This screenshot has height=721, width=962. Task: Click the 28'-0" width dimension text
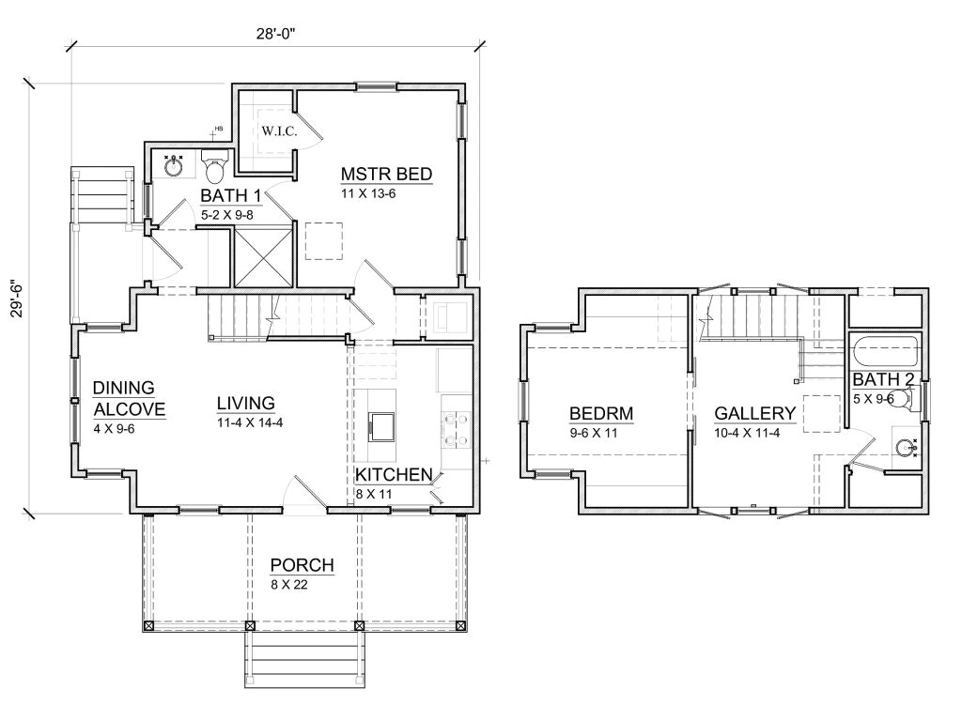275,34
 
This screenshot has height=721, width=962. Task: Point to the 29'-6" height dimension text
17,299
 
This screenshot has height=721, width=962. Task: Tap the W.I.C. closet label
279,130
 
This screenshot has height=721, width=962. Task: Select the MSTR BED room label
386,174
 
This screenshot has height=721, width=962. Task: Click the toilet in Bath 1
215,165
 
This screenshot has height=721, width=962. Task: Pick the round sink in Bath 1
174,165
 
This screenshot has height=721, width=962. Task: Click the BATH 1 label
231,195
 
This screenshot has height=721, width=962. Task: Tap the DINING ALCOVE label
129,398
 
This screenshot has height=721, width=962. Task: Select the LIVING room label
245,404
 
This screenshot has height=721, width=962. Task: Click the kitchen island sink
381,426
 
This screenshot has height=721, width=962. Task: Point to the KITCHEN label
394,474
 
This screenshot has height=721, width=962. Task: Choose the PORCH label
302,564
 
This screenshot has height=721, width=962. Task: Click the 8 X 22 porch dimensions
289,584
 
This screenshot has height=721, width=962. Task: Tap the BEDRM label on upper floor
601,413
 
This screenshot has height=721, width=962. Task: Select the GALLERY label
755,413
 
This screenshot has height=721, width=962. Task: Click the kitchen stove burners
456,429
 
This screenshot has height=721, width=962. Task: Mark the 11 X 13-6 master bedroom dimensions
368,193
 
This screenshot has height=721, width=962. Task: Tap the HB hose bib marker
217,130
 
